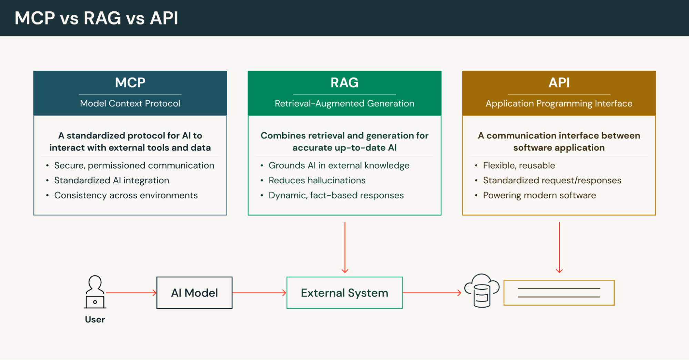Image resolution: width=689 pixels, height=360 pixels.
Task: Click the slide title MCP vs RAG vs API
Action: pyautogui.click(x=96, y=18)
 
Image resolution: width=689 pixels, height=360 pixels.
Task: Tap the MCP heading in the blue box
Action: pyautogui.click(x=130, y=83)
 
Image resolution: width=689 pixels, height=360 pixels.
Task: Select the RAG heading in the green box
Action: pyautogui.click(x=344, y=83)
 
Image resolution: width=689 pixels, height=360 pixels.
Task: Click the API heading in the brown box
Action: pyautogui.click(x=559, y=83)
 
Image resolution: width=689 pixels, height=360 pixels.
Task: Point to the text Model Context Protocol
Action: pyautogui.click(x=130, y=103)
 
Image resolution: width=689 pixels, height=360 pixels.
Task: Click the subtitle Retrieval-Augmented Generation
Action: pyautogui.click(x=344, y=103)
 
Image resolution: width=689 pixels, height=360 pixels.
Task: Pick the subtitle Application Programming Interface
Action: pyautogui.click(x=559, y=103)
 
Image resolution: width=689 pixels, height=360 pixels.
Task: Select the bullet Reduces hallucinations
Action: pyautogui.click(x=317, y=180)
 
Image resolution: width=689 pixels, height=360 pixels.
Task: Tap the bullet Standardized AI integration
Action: pyautogui.click(x=111, y=180)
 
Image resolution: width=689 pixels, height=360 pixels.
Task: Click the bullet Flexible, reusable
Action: pyautogui.click(x=519, y=165)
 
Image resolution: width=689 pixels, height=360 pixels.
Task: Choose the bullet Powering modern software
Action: pyautogui.click(x=539, y=195)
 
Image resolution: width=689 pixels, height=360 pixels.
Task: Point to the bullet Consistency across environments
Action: pyautogui.click(x=126, y=195)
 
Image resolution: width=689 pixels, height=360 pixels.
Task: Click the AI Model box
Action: pyautogui.click(x=194, y=292)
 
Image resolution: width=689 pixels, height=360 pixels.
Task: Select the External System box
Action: pyautogui.click(x=344, y=292)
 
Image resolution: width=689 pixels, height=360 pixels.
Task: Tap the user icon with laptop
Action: pyautogui.click(x=95, y=292)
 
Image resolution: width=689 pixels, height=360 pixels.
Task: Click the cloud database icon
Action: pyautogui.click(x=482, y=290)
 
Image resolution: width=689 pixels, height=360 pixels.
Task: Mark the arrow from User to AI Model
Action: pyautogui.click(x=131, y=293)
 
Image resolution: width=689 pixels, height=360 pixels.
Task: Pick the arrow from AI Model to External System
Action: pyautogui.click(x=259, y=293)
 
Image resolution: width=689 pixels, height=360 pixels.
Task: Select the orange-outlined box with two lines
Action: pyautogui.click(x=559, y=292)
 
